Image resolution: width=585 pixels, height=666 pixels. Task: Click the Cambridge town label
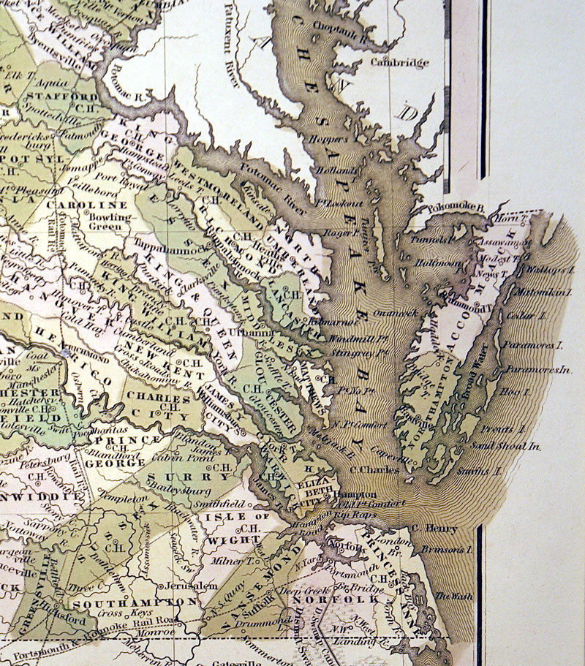pos(399,63)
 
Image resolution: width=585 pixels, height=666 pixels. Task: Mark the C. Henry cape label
pos(435,528)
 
